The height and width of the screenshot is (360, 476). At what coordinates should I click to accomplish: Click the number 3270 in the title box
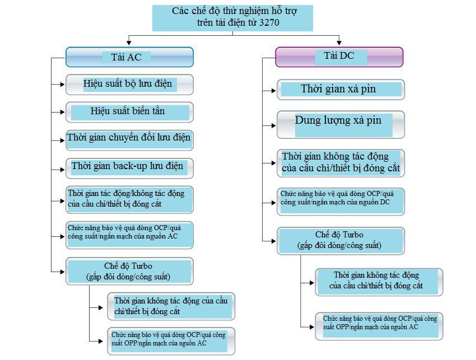click(x=269, y=22)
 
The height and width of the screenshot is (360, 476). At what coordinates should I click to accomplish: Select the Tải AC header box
click(x=129, y=57)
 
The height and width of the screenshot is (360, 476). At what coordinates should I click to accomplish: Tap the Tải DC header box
click(x=339, y=57)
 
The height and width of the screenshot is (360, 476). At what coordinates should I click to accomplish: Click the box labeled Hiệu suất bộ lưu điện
click(x=129, y=85)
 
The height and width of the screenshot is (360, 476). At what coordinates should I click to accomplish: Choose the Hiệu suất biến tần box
click(x=129, y=112)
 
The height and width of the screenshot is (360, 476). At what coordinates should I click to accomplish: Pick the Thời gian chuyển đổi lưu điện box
click(x=129, y=140)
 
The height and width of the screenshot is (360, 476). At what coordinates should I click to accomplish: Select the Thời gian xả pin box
click(x=340, y=90)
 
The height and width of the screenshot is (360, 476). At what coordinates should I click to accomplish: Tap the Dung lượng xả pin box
click(x=340, y=124)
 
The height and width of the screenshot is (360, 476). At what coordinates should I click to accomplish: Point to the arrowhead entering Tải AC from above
click(x=129, y=43)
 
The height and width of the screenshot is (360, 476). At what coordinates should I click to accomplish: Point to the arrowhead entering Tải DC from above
click(x=339, y=43)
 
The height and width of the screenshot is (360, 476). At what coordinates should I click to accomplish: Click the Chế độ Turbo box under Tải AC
click(x=129, y=271)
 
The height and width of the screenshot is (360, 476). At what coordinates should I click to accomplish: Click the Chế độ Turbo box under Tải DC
click(x=340, y=241)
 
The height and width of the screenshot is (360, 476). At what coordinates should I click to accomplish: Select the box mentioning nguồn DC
click(x=340, y=202)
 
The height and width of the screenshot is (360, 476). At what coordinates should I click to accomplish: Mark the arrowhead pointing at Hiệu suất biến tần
click(x=62, y=112)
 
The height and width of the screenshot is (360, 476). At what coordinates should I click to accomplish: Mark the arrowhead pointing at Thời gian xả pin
click(x=273, y=90)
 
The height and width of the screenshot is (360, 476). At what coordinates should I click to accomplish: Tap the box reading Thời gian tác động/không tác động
click(x=129, y=199)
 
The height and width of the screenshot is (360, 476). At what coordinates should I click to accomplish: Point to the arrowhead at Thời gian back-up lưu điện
click(x=62, y=170)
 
